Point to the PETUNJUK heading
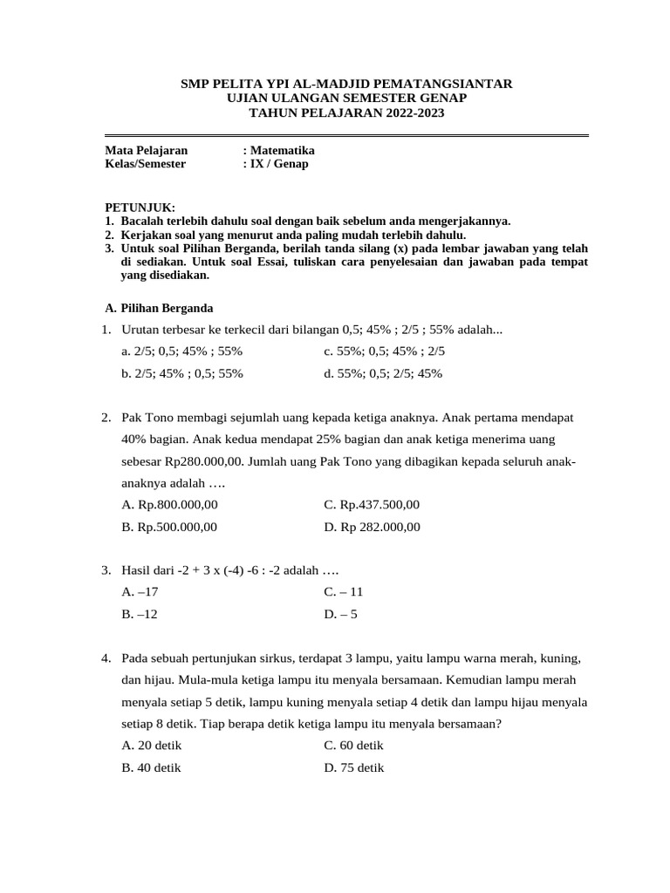[140, 208]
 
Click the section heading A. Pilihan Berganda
[159, 308]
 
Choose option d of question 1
[383, 373]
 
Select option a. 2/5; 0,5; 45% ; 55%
[182, 351]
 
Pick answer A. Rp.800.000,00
[170, 504]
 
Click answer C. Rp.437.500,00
[372, 504]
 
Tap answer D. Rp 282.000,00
[372, 527]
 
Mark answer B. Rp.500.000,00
[170, 527]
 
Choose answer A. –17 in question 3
[140, 591]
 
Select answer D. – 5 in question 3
[340, 614]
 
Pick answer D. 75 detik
[353, 767]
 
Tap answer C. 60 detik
[353, 746]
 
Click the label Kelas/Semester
[146, 163]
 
